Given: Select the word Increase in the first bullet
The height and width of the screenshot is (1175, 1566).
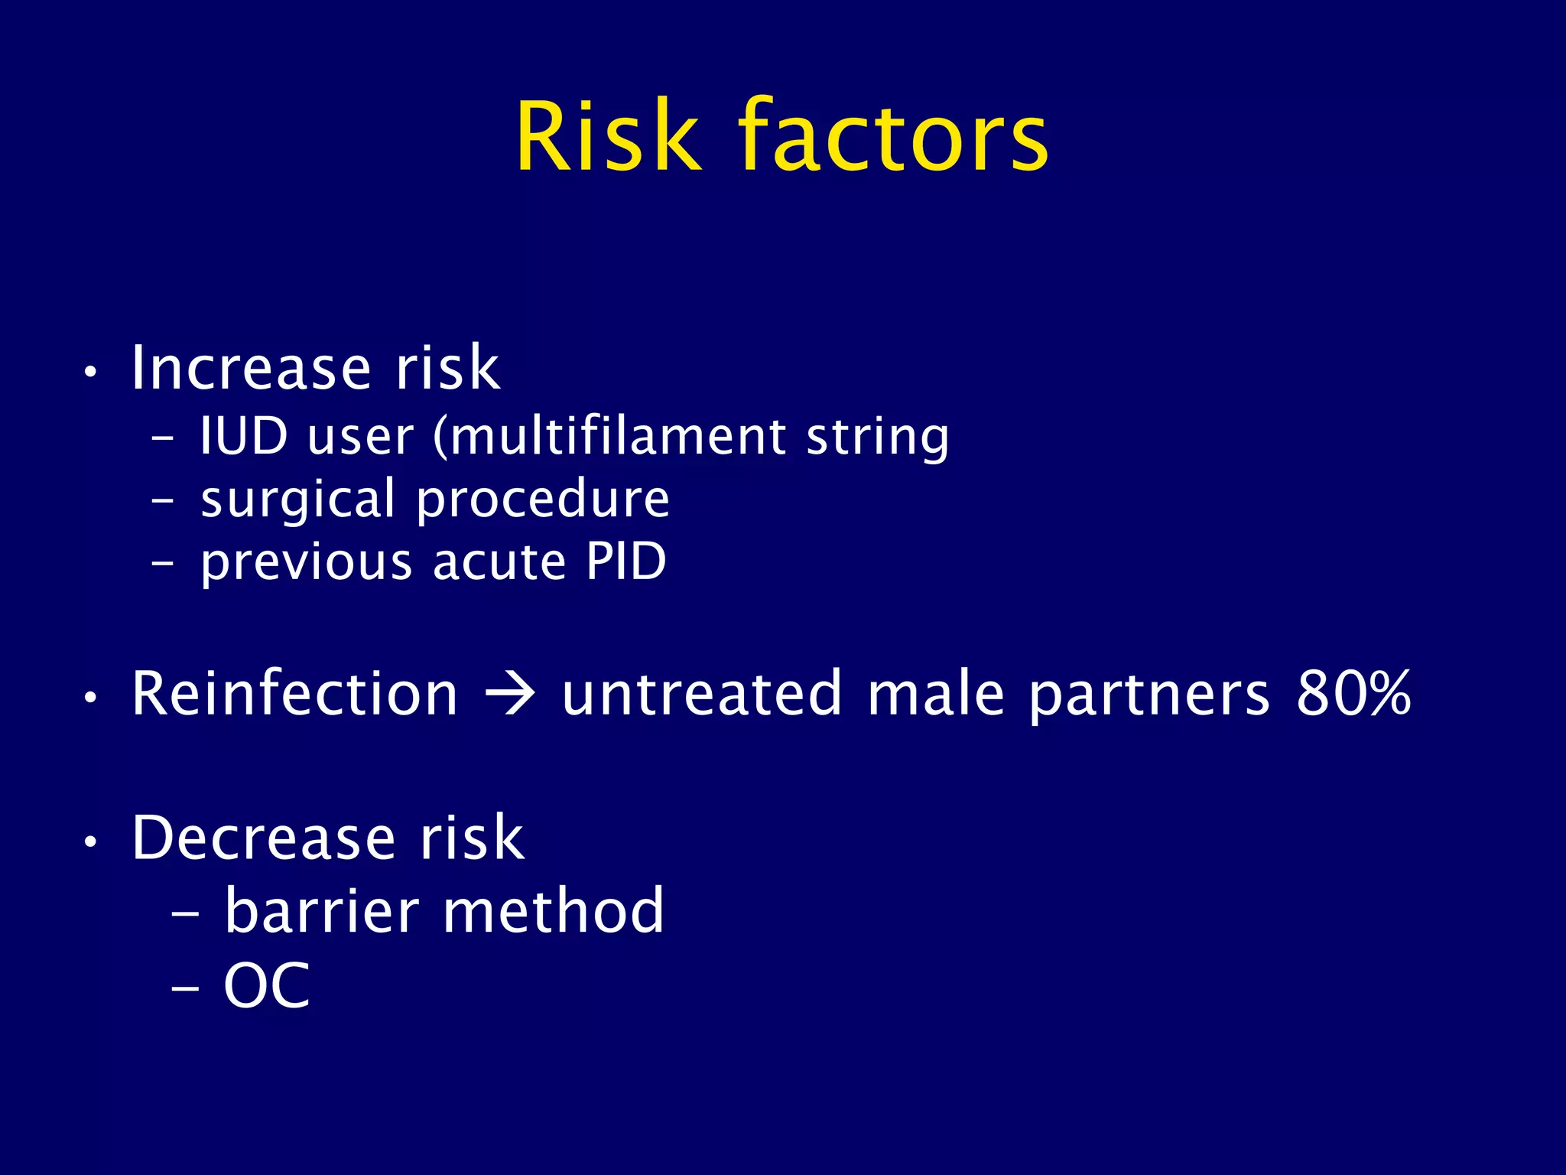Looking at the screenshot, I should [252, 369].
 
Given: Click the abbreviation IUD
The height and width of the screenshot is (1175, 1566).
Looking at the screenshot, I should [243, 437].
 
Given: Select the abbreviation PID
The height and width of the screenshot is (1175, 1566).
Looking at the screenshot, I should [626, 562].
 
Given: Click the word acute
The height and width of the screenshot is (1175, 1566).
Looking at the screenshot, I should [499, 562].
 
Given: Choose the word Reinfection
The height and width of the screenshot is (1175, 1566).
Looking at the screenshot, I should [295, 694].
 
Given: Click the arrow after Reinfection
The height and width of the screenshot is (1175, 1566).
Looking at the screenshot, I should [510, 695].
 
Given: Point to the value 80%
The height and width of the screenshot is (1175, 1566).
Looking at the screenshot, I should [1353, 694].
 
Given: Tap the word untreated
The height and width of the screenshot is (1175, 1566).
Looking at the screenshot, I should [702, 694].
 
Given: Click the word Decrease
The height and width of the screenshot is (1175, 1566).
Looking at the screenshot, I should [264, 838].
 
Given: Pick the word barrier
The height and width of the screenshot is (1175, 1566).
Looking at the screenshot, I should [322, 911].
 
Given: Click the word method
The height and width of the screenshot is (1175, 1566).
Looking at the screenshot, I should [554, 911].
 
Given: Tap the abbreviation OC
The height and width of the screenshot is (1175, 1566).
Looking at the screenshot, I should [267, 986].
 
